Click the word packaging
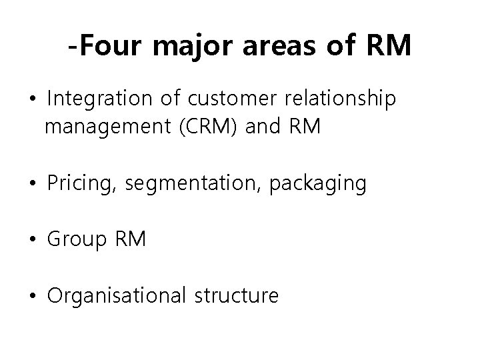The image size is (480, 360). click(x=317, y=183)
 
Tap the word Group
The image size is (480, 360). click(x=74, y=239)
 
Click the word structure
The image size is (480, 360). click(x=236, y=295)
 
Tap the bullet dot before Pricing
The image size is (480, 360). click(x=34, y=184)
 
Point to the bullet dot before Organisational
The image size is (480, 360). click(x=34, y=295)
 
